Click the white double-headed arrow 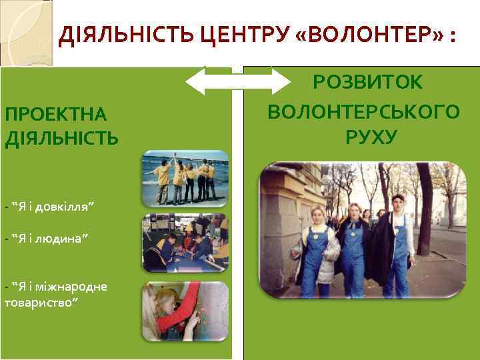point(234,82)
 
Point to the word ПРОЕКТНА point(55,114)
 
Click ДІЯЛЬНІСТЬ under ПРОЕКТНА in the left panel point(61,138)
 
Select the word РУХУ point(371,137)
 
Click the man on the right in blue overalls point(399,247)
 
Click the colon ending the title point(453,37)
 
